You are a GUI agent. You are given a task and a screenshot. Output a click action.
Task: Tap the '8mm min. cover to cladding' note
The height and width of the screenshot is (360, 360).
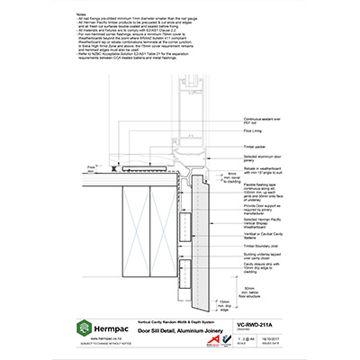[231, 175]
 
